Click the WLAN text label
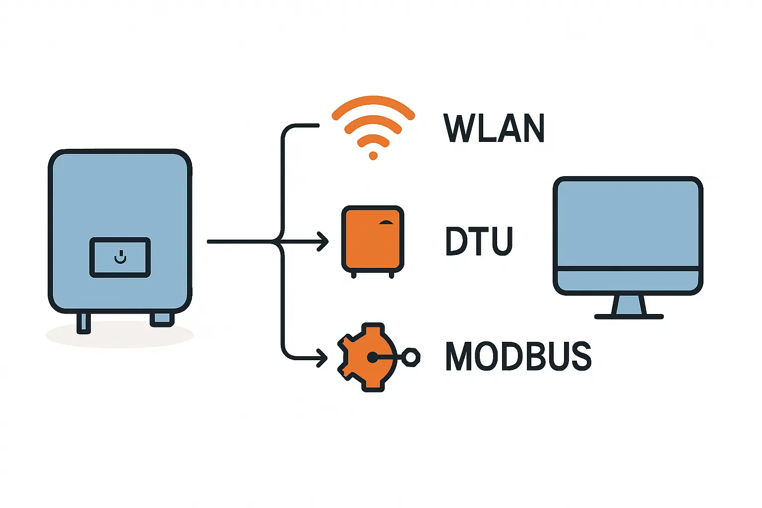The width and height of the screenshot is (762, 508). (x=494, y=128)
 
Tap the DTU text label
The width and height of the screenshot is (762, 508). (x=479, y=241)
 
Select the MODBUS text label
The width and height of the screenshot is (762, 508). (x=518, y=356)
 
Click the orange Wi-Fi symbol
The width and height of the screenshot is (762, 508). (x=373, y=127)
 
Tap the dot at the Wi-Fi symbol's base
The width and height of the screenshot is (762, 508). (x=373, y=156)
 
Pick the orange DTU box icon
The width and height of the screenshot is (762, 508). (x=373, y=239)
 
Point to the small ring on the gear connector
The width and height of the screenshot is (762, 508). (x=411, y=357)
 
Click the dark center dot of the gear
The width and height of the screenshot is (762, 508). (x=372, y=357)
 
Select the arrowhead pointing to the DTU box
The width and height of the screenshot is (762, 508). (x=324, y=242)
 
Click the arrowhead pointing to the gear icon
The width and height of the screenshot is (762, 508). (x=323, y=358)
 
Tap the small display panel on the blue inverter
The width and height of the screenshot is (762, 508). (x=120, y=257)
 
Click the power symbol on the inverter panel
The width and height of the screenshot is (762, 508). (x=120, y=258)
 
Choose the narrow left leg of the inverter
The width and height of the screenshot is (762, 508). (x=84, y=323)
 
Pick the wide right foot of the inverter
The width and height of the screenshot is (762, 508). (x=162, y=319)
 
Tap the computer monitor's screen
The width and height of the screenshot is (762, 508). (x=628, y=223)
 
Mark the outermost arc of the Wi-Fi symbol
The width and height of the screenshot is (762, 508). (x=373, y=102)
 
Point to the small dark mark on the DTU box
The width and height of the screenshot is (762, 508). (x=385, y=223)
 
